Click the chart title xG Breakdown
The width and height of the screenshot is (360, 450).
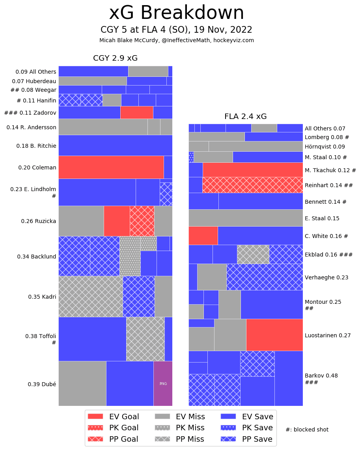tap(176, 13)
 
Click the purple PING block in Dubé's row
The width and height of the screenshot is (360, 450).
tap(163, 383)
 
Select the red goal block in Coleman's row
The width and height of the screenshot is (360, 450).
tap(111, 167)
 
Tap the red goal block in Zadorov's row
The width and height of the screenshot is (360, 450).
tap(136, 112)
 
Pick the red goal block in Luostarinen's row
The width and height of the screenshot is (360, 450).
tap(274, 335)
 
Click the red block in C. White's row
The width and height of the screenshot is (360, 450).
tap(203, 235)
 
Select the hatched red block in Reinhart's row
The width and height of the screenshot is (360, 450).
tap(252, 185)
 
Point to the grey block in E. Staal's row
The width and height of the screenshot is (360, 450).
tap(245, 218)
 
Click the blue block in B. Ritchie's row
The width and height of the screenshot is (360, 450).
tap(115, 145)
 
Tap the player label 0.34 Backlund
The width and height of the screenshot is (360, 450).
tap(37, 257)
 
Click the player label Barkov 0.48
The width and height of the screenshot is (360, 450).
tap(321, 376)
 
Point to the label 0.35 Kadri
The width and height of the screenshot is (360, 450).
tap(42, 297)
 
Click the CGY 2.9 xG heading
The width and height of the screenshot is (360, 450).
tap(115, 58)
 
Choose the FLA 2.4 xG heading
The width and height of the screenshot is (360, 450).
tap(245, 117)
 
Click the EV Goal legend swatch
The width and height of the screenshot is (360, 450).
tap(95, 416)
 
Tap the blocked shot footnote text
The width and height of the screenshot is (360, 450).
tap(307, 430)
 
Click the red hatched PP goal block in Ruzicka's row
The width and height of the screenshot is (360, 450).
tap(142, 221)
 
